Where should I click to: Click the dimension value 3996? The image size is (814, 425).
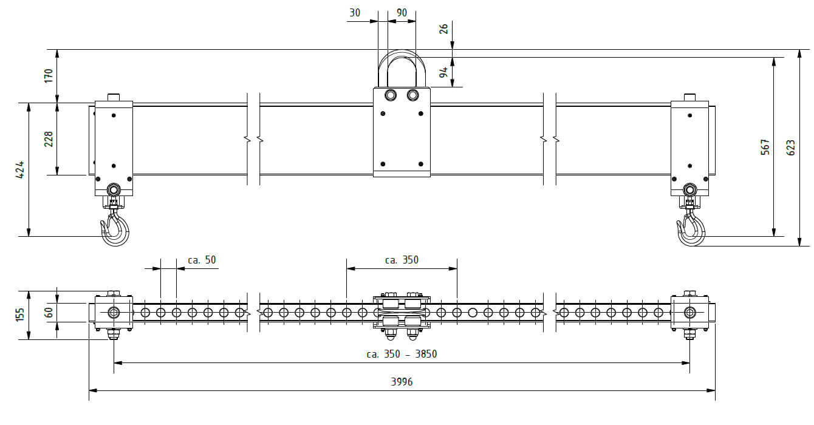click(x=402, y=382)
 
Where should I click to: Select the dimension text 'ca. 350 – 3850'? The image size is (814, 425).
click(x=402, y=354)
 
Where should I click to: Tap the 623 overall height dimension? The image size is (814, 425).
click(x=791, y=148)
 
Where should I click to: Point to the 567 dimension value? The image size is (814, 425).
click(x=765, y=147)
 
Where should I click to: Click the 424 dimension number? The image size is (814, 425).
click(x=20, y=169)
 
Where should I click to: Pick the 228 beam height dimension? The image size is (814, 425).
click(x=49, y=139)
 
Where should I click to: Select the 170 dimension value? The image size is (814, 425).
click(x=49, y=76)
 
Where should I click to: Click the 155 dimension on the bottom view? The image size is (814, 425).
click(x=20, y=314)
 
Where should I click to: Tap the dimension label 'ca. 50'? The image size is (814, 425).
click(x=202, y=260)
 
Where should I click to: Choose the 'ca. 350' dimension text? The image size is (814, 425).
click(x=402, y=260)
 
